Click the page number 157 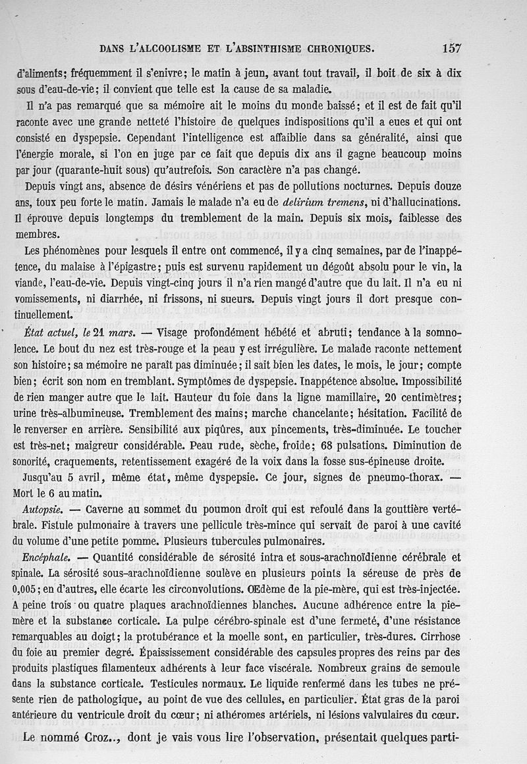[x=452, y=47]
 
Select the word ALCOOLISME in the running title [x=163, y=48]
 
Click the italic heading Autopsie [x=42, y=510]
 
